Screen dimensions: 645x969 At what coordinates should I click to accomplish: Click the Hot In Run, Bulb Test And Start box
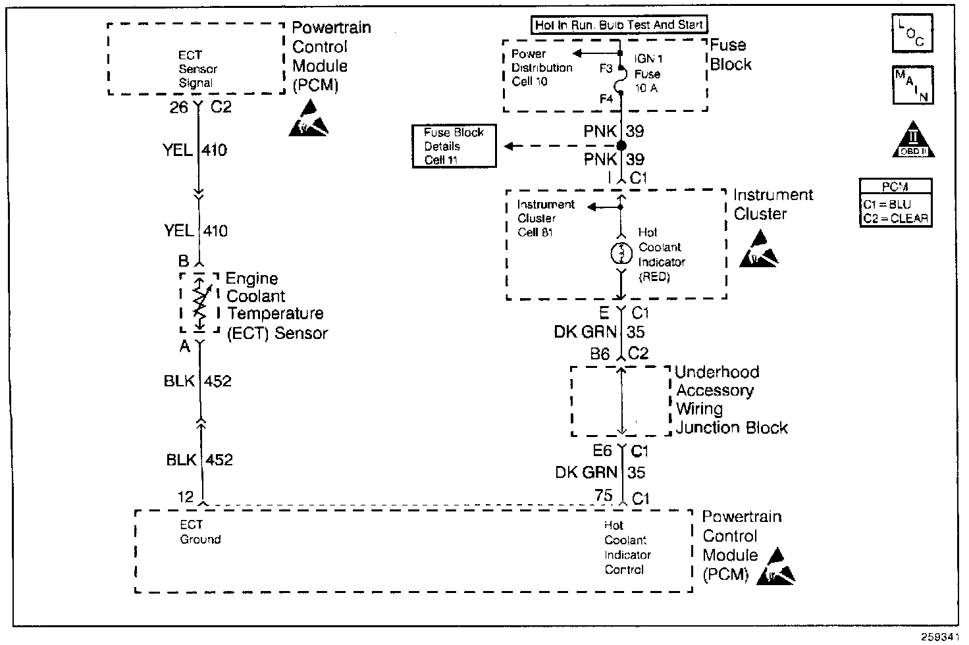pyautogui.click(x=619, y=25)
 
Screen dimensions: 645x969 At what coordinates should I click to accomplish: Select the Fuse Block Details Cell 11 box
pyautogui.click(x=454, y=146)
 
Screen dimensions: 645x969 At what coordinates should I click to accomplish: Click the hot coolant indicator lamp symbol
pyautogui.click(x=621, y=254)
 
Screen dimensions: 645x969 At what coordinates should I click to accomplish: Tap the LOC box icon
pyautogui.click(x=912, y=34)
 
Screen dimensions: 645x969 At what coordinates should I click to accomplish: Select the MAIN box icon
pyautogui.click(x=912, y=85)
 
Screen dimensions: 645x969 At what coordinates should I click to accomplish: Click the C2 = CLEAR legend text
pyautogui.click(x=895, y=219)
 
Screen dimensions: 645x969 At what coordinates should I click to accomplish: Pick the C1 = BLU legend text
pyautogui.click(x=887, y=205)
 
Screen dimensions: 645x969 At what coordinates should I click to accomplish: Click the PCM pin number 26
pyautogui.click(x=178, y=107)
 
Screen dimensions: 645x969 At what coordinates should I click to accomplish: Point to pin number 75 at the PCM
pyautogui.click(x=603, y=496)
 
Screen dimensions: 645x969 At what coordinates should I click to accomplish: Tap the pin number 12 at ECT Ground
pyautogui.click(x=186, y=496)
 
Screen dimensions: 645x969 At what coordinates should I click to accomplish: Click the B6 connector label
pyautogui.click(x=599, y=354)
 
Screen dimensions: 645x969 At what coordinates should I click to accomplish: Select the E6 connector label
pyautogui.click(x=602, y=451)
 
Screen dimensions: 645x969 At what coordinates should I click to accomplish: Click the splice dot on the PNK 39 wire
pyautogui.click(x=621, y=145)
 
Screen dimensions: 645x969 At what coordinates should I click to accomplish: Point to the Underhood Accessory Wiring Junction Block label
pyautogui.click(x=731, y=400)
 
